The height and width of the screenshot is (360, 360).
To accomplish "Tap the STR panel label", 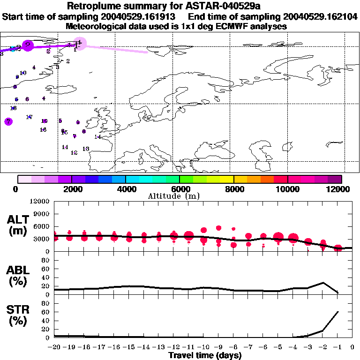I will click(x=19, y=315).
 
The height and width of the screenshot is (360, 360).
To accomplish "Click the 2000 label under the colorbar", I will click(x=71, y=189).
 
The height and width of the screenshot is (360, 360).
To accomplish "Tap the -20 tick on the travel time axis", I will click(x=54, y=347).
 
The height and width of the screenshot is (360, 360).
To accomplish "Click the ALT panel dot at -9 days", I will click(x=218, y=228).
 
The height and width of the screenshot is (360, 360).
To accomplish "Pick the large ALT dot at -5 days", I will click(x=278, y=237).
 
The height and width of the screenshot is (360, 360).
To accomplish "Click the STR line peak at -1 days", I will click(x=338, y=312).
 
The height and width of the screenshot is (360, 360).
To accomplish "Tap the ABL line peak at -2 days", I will click(x=323, y=283).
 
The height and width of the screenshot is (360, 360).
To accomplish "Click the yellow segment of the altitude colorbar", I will click(x=227, y=179).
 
